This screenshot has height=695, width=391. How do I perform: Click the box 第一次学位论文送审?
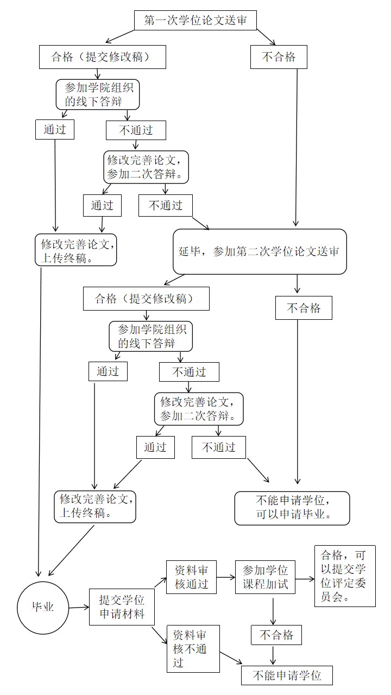194,20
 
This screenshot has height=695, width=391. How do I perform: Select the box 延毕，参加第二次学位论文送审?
260,252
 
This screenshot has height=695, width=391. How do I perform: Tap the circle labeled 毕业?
43,607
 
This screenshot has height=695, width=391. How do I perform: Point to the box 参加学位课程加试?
265,578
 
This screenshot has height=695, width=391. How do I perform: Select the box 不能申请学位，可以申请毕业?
292,508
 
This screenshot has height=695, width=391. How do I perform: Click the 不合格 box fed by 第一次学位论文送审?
279,57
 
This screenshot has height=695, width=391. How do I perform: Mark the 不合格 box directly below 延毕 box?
304,308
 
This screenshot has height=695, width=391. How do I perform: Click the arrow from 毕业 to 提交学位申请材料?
79,608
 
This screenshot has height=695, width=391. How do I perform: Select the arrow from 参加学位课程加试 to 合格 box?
305,579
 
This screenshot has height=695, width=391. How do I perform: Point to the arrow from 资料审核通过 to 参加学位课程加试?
225,579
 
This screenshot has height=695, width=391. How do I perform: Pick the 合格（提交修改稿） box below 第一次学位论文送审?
102,57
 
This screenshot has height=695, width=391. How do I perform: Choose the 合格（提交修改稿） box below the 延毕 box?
146,299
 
